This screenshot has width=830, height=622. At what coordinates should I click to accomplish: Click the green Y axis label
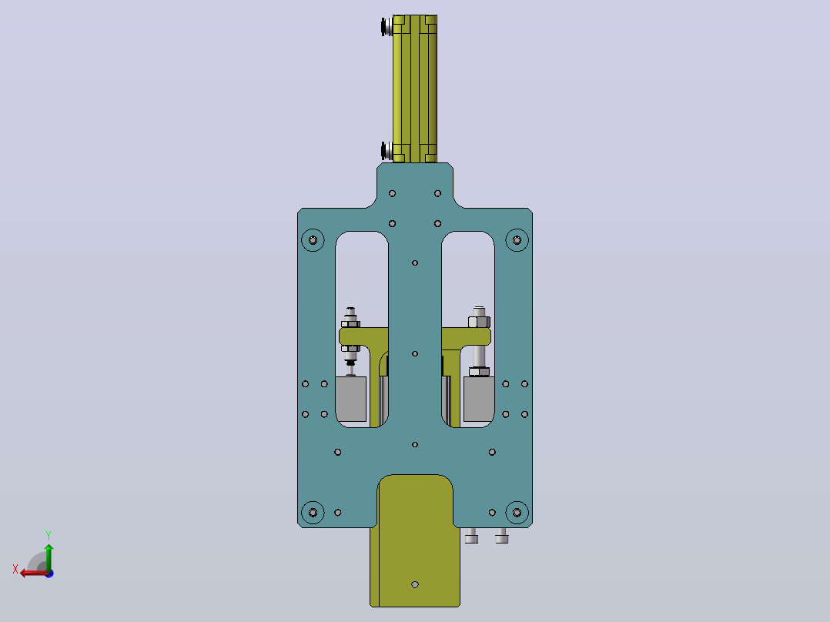pyautogui.click(x=49, y=535)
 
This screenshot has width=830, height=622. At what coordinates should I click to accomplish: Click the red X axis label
pyautogui.click(x=15, y=569)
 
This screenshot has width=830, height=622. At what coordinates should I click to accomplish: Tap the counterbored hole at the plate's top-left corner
pyautogui.click(x=313, y=240)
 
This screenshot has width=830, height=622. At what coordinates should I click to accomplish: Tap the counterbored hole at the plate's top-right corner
pyautogui.click(x=517, y=240)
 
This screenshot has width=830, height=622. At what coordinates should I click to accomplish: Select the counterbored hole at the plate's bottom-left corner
pyautogui.click(x=313, y=513)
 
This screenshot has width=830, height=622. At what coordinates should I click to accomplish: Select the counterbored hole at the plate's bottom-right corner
pyautogui.click(x=517, y=513)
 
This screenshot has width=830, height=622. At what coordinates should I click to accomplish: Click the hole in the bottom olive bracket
pyautogui.click(x=415, y=585)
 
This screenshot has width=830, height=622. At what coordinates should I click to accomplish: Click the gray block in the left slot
pyautogui.click(x=351, y=399)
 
